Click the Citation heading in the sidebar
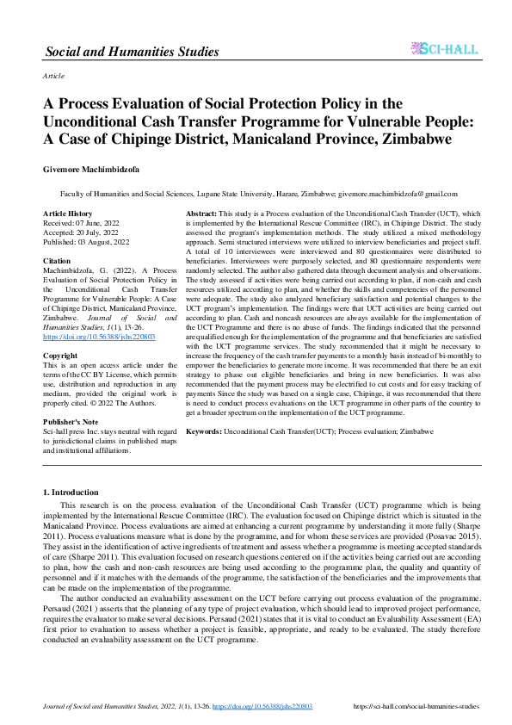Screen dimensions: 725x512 click(x=57, y=258)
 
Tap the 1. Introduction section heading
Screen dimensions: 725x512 click(x=71, y=492)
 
